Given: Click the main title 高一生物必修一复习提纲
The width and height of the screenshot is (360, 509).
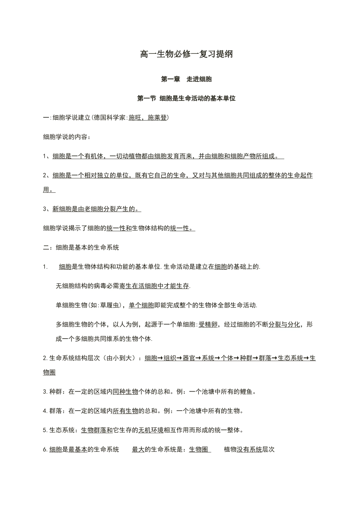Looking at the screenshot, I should pyautogui.click(x=186, y=54).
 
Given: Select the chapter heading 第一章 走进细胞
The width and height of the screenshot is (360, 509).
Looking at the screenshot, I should pyautogui.click(x=186, y=79).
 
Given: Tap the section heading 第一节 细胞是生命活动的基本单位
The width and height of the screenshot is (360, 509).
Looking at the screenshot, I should pyautogui.click(x=186, y=98).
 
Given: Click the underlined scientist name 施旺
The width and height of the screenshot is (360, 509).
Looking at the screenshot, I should pyautogui.click(x=135, y=118).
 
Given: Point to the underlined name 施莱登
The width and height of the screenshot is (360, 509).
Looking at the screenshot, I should pyautogui.click(x=157, y=118).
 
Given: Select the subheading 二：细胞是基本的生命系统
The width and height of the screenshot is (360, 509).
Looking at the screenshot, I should pyautogui.click(x=81, y=247).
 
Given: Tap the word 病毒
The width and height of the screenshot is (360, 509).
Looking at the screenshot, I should pyautogui.click(x=100, y=286).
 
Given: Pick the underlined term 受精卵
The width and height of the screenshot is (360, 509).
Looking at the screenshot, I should pyautogui.click(x=208, y=325).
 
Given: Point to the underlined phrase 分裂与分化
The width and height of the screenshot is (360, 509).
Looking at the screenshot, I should pyautogui.click(x=284, y=325).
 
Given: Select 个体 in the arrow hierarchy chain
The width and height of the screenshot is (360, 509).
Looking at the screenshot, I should pyautogui.click(x=227, y=358).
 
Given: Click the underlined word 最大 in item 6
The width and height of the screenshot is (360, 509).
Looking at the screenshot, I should pyautogui.click(x=138, y=450).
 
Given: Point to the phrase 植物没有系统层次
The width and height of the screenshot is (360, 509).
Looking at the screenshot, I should pyautogui.click(x=249, y=450).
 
